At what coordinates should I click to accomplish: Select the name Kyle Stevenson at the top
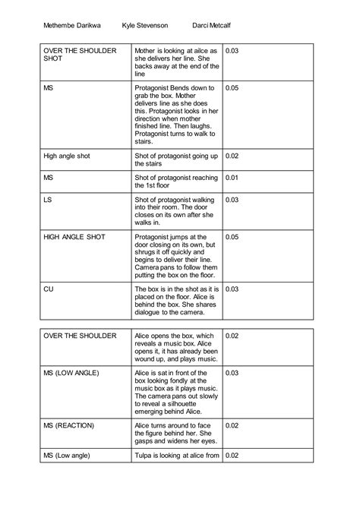click(x=151, y=25)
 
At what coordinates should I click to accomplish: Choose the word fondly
click(x=188, y=380)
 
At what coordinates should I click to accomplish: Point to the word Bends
click(x=183, y=89)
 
